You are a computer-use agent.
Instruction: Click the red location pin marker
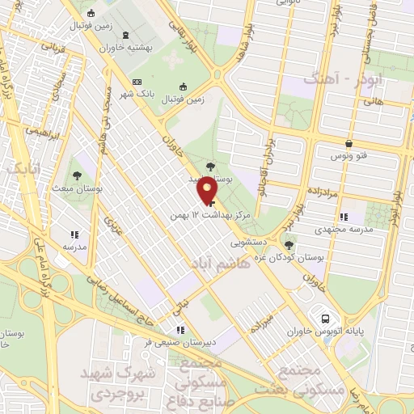209,191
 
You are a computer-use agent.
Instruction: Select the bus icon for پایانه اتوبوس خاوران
325,318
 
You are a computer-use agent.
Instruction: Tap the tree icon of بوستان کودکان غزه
290,244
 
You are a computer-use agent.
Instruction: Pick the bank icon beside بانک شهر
137,82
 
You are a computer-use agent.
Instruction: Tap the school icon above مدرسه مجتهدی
344,216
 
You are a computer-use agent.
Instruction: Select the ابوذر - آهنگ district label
332,79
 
